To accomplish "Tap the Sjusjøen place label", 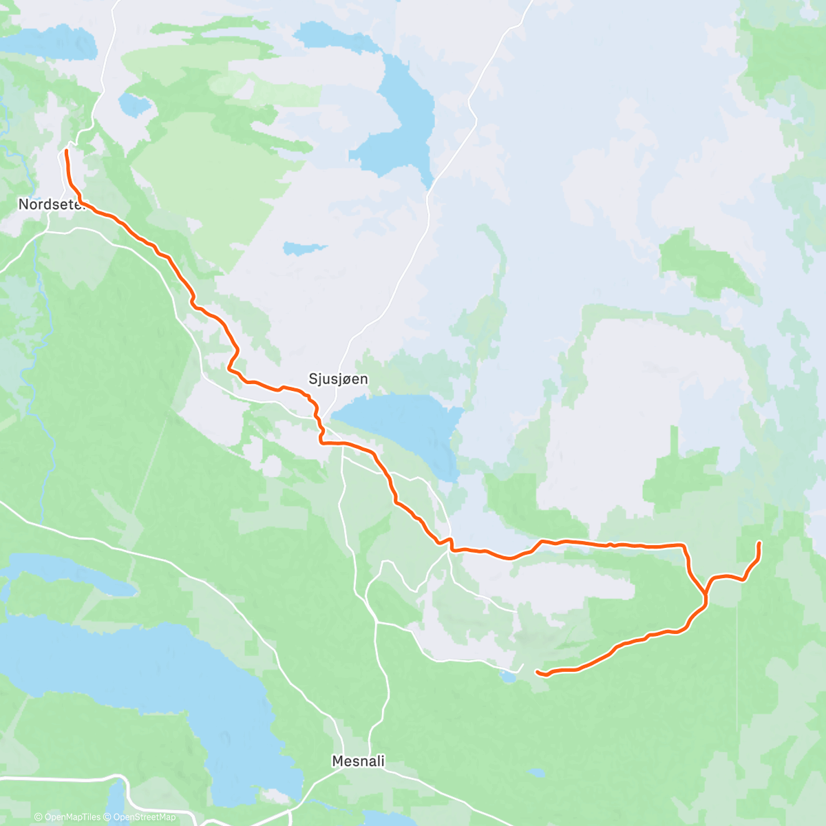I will click(x=338, y=379).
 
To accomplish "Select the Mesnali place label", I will click(x=358, y=761).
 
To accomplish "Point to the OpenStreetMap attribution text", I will click(x=145, y=817).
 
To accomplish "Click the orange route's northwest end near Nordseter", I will click(x=66, y=151).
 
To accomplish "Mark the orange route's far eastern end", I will click(x=759, y=544).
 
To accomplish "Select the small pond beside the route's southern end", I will click(x=508, y=678).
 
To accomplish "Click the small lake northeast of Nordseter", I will click(x=134, y=105).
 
